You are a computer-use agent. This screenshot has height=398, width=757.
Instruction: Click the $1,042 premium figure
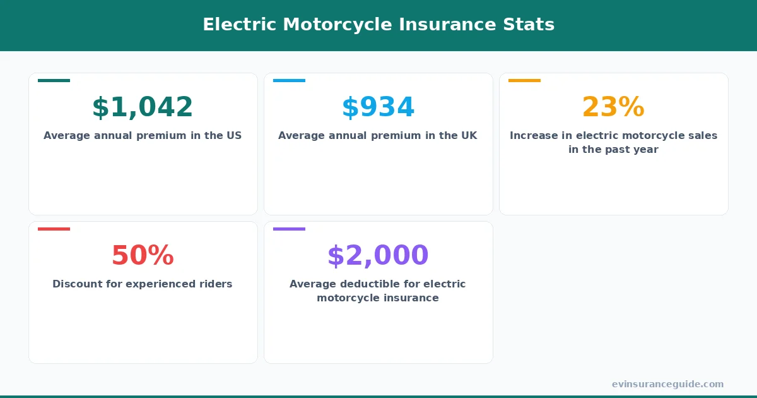[x=143, y=107]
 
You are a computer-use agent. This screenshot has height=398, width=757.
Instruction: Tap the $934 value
[x=378, y=107]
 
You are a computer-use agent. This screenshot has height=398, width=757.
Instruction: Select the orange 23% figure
[x=613, y=107]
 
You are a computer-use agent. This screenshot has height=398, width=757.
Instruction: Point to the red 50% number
[x=143, y=256]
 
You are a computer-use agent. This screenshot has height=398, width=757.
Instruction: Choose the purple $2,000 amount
[x=378, y=256]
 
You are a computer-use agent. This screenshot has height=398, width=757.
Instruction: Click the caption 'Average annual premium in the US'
[x=143, y=136]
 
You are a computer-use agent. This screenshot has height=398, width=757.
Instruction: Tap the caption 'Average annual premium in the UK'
[x=378, y=136]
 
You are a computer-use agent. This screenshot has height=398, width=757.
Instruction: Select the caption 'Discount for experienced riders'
[x=143, y=284]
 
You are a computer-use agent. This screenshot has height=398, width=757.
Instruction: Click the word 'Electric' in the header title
[x=239, y=25]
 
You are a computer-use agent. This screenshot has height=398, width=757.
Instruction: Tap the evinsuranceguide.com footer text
[x=667, y=384]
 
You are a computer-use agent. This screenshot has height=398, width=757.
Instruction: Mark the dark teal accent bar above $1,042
[x=54, y=80]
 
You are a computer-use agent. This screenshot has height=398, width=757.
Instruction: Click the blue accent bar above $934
[x=289, y=80]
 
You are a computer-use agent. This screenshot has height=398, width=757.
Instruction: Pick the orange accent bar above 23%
[x=524, y=80]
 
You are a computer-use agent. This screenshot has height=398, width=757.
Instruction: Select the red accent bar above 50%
[x=54, y=229]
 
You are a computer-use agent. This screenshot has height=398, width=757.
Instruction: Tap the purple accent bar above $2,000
[x=289, y=229]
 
